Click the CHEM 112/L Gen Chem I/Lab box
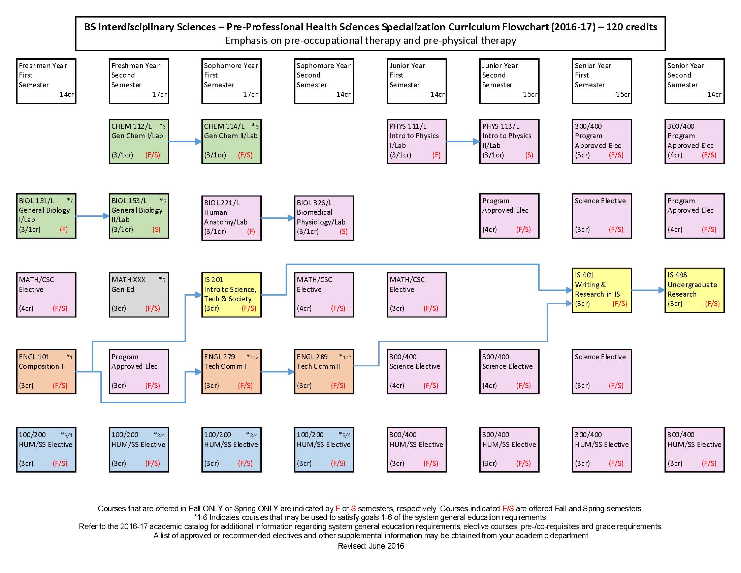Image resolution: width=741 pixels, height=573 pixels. click(x=139, y=141)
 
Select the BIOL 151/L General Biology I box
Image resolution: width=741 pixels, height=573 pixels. click(x=46, y=216)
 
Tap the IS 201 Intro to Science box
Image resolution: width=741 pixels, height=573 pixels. click(x=231, y=294)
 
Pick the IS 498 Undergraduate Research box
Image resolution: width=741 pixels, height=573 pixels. click(x=694, y=290)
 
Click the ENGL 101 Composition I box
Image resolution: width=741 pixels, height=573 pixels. click(x=46, y=371)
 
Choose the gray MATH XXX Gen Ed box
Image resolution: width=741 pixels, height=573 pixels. click(x=139, y=294)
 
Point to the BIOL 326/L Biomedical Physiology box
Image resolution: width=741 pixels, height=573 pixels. click(x=324, y=218)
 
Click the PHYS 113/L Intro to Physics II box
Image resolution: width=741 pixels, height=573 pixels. click(x=509, y=141)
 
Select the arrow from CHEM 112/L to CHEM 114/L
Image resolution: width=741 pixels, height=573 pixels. click(x=185, y=142)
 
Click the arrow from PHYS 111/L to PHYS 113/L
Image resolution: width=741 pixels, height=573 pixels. click(x=463, y=142)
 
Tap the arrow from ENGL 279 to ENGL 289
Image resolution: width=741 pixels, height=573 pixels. click(x=278, y=372)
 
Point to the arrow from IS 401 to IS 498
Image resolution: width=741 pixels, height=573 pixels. click(x=648, y=290)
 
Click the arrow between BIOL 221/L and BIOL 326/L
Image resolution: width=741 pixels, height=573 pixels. click(x=278, y=218)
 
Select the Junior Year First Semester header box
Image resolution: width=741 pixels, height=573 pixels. click(x=417, y=81)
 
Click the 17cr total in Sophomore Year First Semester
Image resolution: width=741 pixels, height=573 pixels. click(x=250, y=94)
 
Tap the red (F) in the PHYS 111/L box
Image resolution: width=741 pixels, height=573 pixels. click(x=436, y=155)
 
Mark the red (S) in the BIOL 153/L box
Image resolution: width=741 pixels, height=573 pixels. click(x=156, y=230)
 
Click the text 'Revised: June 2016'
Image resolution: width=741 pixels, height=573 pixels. click(x=370, y=546)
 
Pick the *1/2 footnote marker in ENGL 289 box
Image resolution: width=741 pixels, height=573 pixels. click(x=345, y=357)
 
